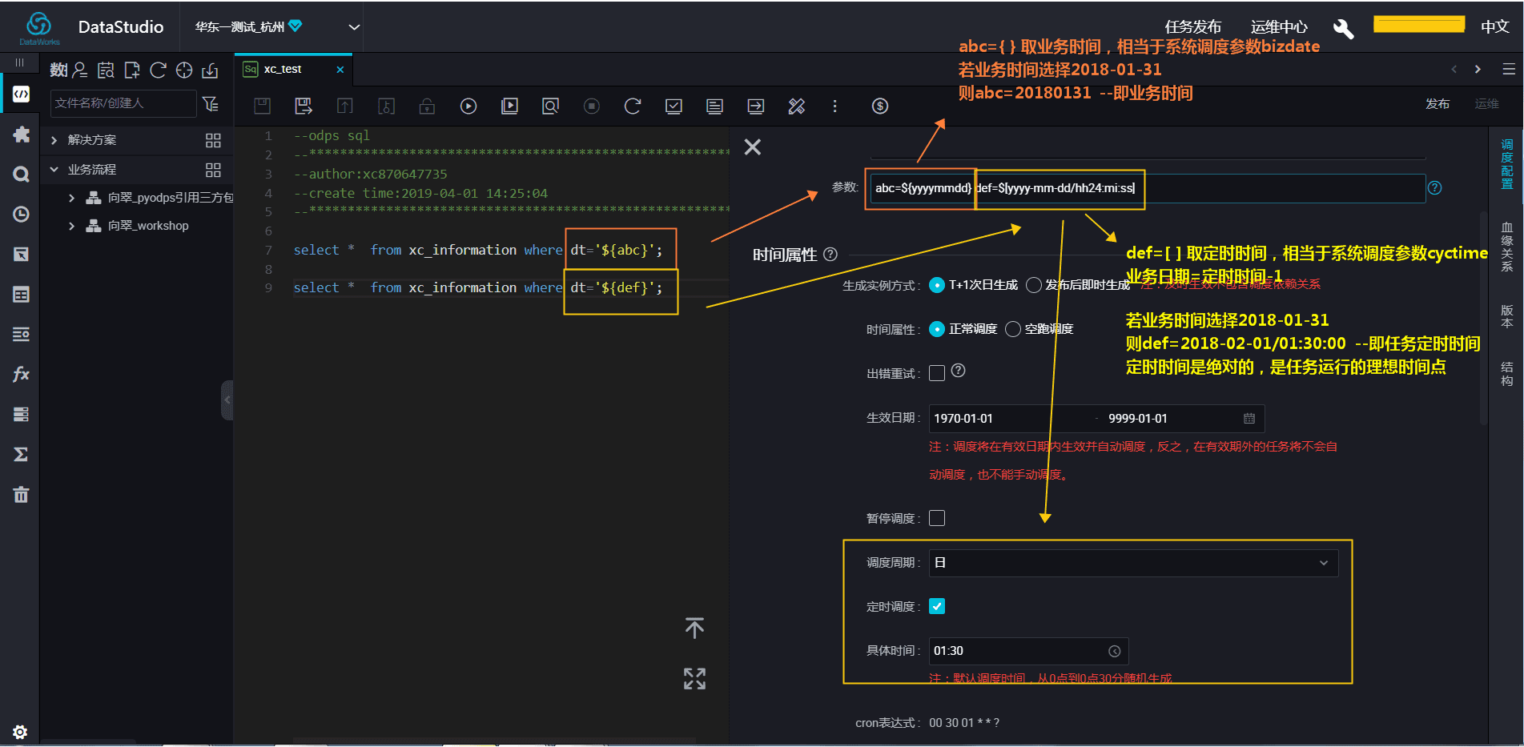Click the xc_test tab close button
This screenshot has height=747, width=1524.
340,70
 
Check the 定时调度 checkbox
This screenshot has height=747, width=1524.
937,606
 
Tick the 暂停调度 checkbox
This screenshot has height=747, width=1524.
937,518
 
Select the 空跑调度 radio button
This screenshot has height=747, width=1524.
1013,329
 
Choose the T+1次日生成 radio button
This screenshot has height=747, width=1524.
937,285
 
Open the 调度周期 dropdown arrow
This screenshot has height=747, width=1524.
1323,563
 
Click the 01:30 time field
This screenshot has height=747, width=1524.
1017,651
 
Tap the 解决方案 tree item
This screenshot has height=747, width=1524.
92,140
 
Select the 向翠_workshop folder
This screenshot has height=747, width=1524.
148,226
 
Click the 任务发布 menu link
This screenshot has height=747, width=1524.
1192,26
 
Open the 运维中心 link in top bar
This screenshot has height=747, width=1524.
1279,26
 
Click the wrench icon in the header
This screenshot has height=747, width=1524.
1343,29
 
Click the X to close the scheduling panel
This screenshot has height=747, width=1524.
752,147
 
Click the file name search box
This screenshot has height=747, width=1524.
123,103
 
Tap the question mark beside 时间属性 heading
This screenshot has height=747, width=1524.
830,255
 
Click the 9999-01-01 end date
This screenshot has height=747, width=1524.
1137,419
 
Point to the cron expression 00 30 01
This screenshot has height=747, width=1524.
963,723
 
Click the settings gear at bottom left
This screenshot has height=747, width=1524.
20,732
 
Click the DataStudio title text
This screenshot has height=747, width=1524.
121,27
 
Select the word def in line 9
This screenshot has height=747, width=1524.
625,287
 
